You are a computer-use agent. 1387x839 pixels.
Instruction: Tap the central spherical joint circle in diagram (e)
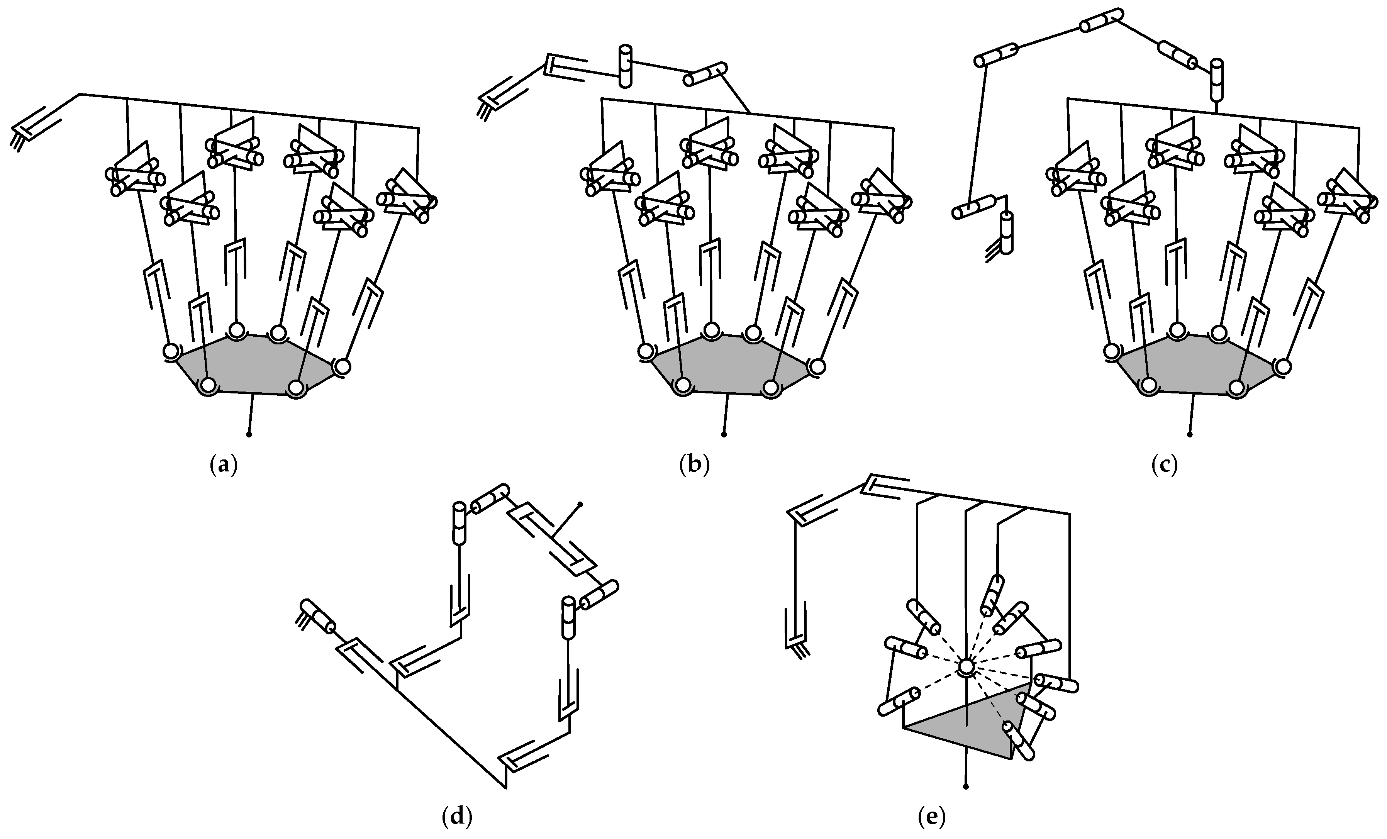click(x=966, y=667)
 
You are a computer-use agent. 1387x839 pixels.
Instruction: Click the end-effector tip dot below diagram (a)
click(x=249, y=434)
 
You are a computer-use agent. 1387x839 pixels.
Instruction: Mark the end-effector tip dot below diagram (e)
click(x=966, y=786)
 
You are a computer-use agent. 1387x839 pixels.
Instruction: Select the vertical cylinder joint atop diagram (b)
click(x=625, y=66)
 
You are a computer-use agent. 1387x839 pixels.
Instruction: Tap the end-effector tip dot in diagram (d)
click(x=580, y=504)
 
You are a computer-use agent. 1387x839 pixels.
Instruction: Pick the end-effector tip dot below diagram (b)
click(x=724, y=434)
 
